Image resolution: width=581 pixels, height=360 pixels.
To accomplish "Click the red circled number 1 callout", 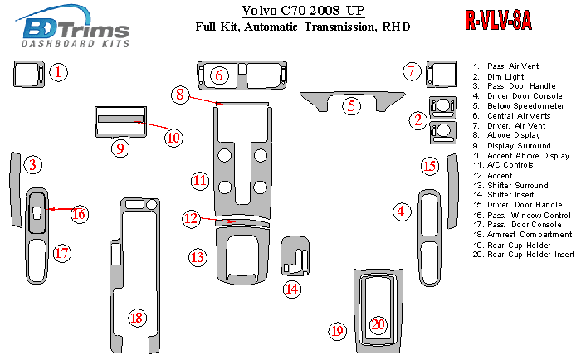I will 58,73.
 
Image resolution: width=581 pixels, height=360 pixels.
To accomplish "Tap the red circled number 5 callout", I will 353,105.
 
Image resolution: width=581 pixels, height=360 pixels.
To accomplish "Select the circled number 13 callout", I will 197,257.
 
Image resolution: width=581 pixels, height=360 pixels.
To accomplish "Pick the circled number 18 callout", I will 137,317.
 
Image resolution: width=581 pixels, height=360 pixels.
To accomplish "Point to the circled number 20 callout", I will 378,324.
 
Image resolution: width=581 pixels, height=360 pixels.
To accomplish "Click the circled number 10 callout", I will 172,137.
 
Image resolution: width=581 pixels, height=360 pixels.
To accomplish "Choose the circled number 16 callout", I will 79,214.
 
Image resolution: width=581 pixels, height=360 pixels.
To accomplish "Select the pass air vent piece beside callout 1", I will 27,75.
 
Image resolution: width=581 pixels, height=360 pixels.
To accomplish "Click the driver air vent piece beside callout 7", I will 441,74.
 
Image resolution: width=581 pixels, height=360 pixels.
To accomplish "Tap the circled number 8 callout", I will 179,95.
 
